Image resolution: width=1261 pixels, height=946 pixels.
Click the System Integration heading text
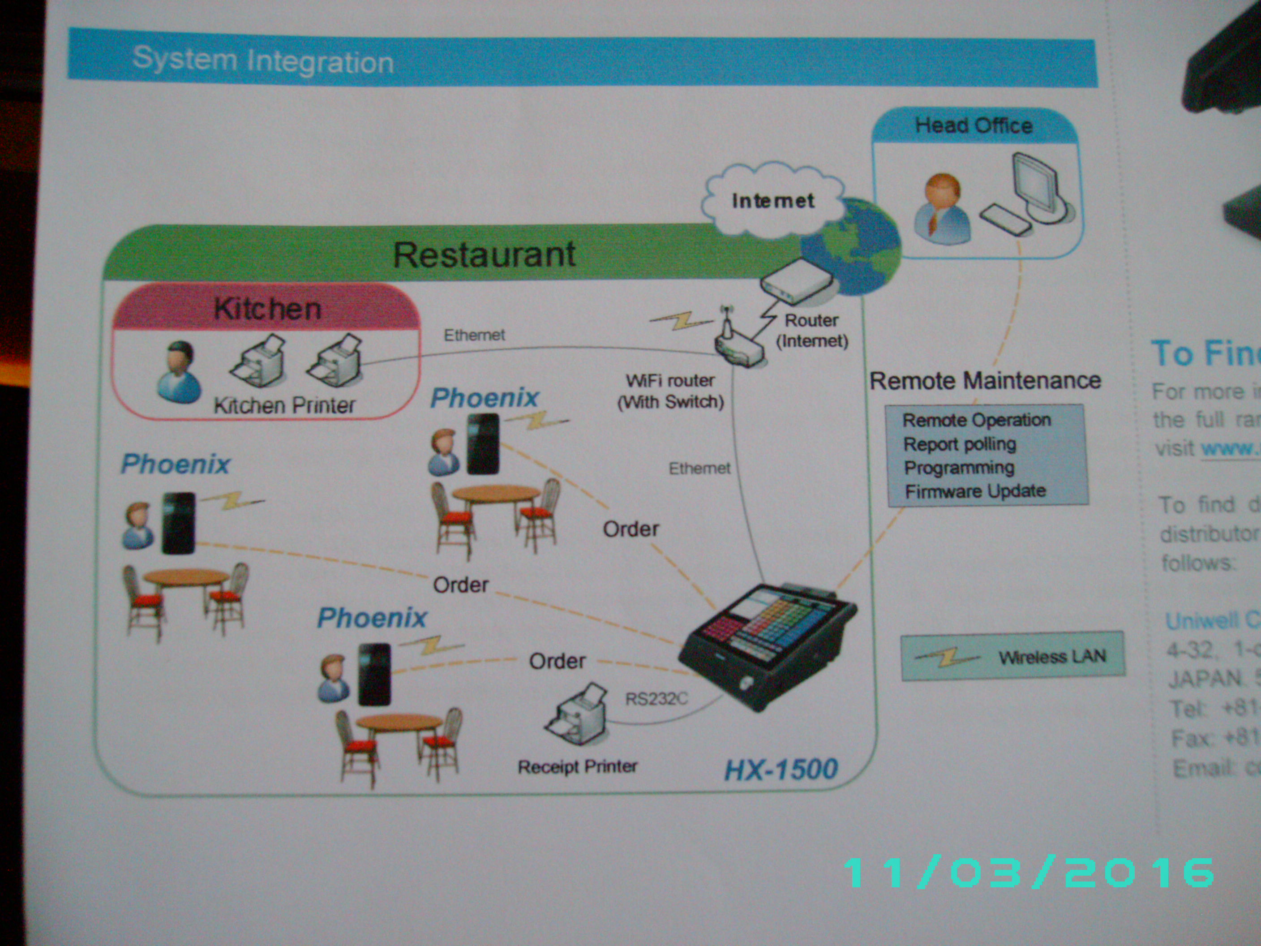click(x=263, y=60)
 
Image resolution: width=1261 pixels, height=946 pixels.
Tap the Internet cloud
click(x=772, y=200)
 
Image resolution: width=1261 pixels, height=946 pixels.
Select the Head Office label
click(x=973, y=125)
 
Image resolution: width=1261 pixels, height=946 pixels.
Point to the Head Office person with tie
click(x=941, y=208)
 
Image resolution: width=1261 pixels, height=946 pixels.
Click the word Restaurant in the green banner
click(x=484, y=254)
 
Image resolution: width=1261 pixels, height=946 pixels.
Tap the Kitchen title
click(x=267, y=309)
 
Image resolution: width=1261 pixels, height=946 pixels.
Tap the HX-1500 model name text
click(x=781, y=769)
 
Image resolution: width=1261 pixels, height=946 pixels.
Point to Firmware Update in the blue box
click(x=975, y=491)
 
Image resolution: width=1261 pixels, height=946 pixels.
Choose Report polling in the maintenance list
click(x=960, y=443)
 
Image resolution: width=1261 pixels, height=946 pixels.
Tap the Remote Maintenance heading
click(x=985, y=380)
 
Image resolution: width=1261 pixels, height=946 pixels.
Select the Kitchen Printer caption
click(x=284, y=405)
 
